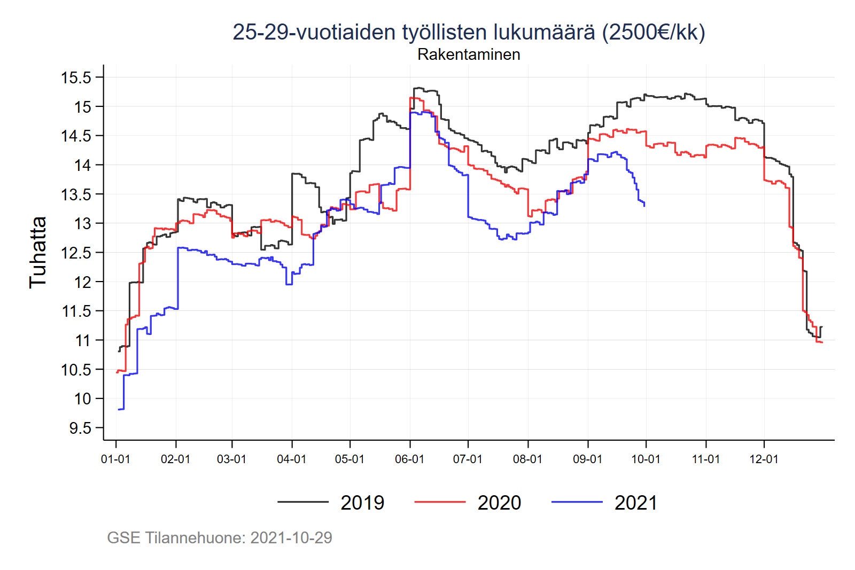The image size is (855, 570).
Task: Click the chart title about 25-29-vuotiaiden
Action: click(469, 32)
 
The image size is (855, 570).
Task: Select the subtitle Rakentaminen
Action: click(469, 54)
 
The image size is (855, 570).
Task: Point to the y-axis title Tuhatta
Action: click(38, 252)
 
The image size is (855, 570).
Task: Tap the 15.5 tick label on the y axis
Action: click(76, 77)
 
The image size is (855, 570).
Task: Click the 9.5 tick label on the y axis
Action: click(80, 428)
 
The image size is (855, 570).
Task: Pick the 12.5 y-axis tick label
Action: click(76, 253)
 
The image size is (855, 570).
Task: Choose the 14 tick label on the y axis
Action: click(83, 165)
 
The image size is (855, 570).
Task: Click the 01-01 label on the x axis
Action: click(115, 459)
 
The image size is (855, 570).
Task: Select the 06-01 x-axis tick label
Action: click(409, 459)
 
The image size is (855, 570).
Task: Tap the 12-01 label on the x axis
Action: click(764, 459)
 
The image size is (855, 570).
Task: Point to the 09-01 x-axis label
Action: click(587, 459)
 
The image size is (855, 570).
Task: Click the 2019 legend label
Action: click(362, 503)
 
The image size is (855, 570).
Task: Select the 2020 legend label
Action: click(499, 503)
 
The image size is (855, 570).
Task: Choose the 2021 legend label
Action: click(636, 503)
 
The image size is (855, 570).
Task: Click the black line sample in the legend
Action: click(303, 502)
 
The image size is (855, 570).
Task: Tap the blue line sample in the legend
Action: click(577, 502)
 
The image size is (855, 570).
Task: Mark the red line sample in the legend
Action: click(440, 502)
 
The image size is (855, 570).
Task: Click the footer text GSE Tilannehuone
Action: click(220, 537)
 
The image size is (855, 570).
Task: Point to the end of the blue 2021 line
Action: click(644, 206)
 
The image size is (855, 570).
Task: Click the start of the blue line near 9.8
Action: click(119, 409)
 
